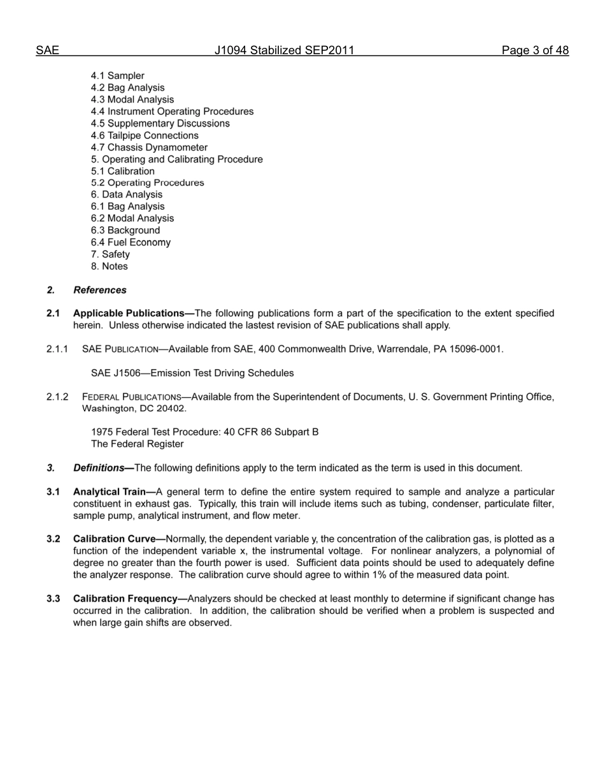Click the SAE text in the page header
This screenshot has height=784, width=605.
(x=47, y=51)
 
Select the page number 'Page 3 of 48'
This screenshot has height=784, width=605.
(x=534, y=51)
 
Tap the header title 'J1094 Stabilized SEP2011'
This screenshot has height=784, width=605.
(x=284, y=51)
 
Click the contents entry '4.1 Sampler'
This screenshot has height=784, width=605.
(x=117, y=76)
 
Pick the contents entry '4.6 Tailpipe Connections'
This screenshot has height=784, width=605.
(x=145, y=135)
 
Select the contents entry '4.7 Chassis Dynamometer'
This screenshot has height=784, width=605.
(x=149, y=147)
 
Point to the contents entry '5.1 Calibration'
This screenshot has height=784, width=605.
(x=122, y=171)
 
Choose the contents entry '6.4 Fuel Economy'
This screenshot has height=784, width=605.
(x=131, y=242)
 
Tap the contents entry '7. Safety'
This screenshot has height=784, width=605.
(x=110, y=254)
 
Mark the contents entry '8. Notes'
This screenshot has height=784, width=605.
(x=109, y=266)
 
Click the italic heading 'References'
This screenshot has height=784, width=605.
(x=100, y=290)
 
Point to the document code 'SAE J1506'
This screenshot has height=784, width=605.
(x=115, y=373)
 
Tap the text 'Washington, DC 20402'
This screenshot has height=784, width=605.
(x=134, y=408)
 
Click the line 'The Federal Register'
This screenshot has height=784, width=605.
(x=137, y=444)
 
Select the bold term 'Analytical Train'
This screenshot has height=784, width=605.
(x=110, y=492)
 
